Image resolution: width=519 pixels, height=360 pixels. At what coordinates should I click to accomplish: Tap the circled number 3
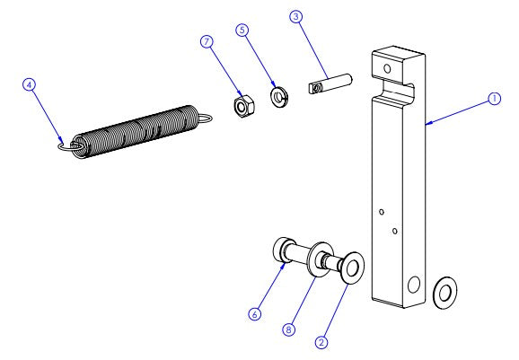click(295, 18)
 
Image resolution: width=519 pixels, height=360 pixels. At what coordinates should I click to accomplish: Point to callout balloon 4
click(30, 83)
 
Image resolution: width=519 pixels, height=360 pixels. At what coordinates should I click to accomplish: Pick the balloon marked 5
click(242, 30)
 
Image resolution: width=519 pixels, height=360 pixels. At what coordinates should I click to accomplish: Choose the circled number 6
click(256, 314)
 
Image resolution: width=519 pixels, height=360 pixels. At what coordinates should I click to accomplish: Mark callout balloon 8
click(289, 329)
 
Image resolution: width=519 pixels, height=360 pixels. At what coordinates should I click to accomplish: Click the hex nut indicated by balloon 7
click(241, 106)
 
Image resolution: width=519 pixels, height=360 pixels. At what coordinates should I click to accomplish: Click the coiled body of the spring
click(136, 131)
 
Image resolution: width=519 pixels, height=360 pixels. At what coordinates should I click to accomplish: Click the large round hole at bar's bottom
click(413, 285)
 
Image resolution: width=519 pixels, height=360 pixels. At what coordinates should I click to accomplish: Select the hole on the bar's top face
click(387, 67)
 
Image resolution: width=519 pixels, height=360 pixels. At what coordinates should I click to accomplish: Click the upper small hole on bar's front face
click(382, 212)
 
